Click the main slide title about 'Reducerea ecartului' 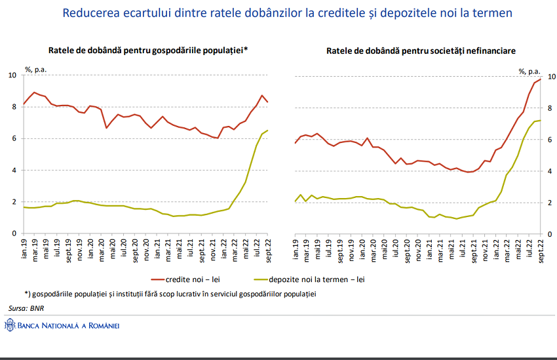(287, 13)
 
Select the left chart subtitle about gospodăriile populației (148, 50)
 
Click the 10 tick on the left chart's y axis (12, 75)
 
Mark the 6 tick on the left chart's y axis (14, 138)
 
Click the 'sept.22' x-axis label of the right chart (541, 250)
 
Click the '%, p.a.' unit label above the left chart (36, 68)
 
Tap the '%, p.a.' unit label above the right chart (529, 71)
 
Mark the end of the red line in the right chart (541, 79)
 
